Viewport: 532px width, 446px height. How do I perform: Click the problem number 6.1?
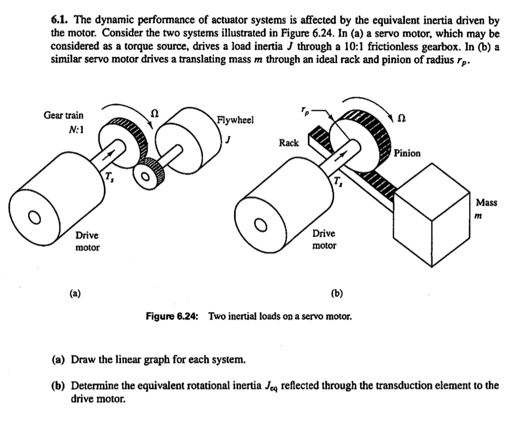point(58,21)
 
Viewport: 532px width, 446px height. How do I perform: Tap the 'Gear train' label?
point(64,116)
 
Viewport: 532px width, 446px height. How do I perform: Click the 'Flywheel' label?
point(235,120)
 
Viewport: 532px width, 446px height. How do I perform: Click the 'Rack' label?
point(288,143)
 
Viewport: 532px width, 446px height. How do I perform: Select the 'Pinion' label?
point(407,153)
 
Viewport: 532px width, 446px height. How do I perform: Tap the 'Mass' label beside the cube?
point(487,202)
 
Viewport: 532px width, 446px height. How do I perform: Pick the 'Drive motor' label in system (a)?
point(88,242)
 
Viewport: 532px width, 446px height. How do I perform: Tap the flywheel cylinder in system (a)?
point(191,133)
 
